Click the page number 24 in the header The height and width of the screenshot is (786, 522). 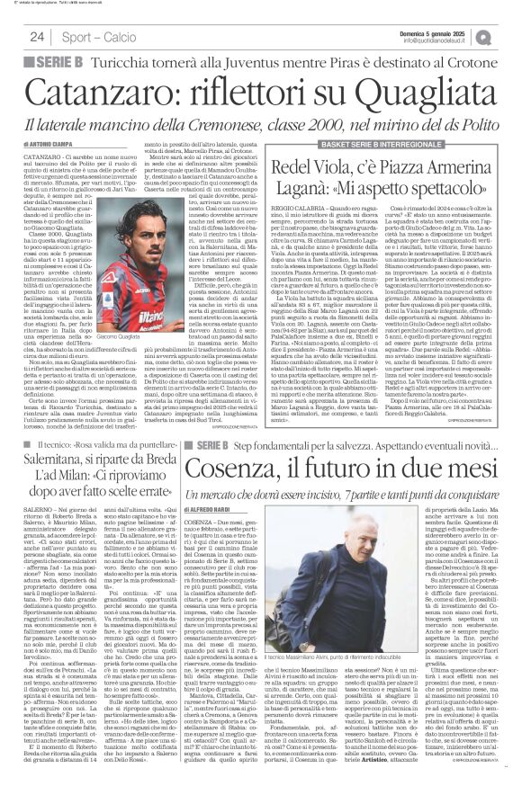pyautogui.click(x=37, y=36)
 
